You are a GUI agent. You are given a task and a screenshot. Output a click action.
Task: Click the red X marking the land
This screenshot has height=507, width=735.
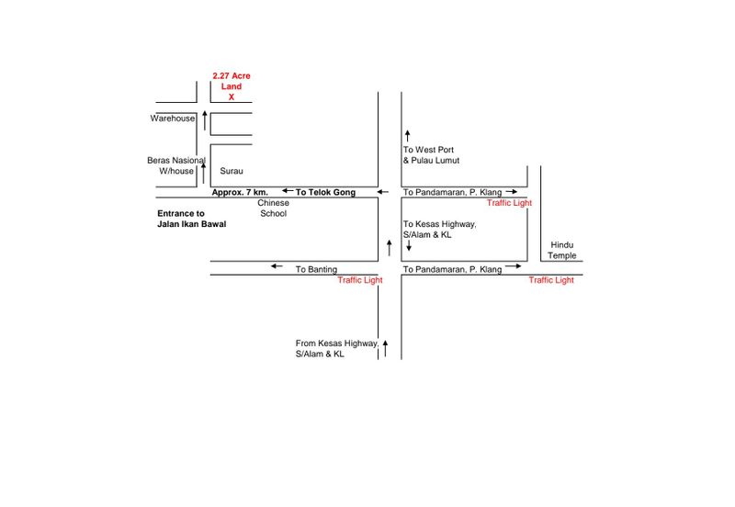tap(232, 96)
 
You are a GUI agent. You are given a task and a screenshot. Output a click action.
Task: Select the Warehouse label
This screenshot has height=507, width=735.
tap(173, 118)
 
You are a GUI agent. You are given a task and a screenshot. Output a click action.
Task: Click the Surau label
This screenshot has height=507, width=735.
tap(231, 171)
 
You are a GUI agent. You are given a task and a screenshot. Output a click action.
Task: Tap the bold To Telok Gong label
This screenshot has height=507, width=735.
tap(325, 192)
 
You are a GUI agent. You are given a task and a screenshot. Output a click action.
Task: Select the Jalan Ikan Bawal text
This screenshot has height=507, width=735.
tap(192, 224)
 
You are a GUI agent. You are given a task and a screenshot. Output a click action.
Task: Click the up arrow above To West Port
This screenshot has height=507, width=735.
tap(407, 135)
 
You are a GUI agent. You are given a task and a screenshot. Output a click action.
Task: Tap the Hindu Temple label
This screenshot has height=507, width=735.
tap(562, 250)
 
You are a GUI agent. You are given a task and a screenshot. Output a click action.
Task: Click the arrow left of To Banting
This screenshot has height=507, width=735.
tap(277, 267)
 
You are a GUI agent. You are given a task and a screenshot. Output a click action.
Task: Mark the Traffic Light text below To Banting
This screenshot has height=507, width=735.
tap(359, 280)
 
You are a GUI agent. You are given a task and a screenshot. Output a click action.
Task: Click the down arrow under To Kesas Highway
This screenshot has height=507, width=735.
tap(407, 246)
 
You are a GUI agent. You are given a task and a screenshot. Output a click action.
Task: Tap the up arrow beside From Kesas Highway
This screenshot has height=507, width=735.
tap(386, 346)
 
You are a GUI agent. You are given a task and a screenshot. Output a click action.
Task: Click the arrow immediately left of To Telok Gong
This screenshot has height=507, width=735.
tap(288, 192)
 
